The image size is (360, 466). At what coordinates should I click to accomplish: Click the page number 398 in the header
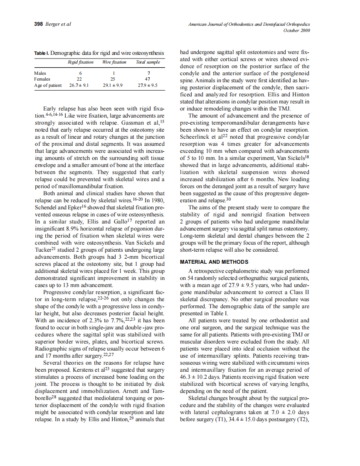pyautogui.click(x=39, y=24)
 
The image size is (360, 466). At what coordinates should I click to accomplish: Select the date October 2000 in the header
pyautogui.click(x=296, y=30)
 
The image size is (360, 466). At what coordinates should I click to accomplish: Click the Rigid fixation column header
pyautogui.click(x=80, y=62)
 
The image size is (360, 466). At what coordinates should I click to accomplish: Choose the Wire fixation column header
pyautogui.click(x=114, y=62)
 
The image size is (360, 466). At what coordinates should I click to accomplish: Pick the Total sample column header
pyautogui.click(x=148, y=62)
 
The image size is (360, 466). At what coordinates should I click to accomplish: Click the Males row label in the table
pyautogui.click(x=40, y=73)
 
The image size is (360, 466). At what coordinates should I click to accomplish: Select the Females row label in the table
pyautogui.click(x=42, y=79)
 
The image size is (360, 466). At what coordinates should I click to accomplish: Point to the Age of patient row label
pyautogui.click(x=48, y=85)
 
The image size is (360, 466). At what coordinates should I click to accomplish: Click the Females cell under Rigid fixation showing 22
pyautogui.click(x=80, y=79)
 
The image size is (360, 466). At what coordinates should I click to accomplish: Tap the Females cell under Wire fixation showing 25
pyautogui.click(x=113, y=79)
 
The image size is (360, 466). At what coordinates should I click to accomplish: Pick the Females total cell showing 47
pyautogui.click(x=148, y=79)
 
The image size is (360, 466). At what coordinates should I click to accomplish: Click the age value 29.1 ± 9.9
pyautogui.click(x=113, y=85)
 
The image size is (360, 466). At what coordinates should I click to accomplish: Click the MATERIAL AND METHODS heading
pyautogui.click(x=214, y=262)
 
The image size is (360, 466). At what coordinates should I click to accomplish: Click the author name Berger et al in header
pyautogui.click(x=58, y=24)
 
